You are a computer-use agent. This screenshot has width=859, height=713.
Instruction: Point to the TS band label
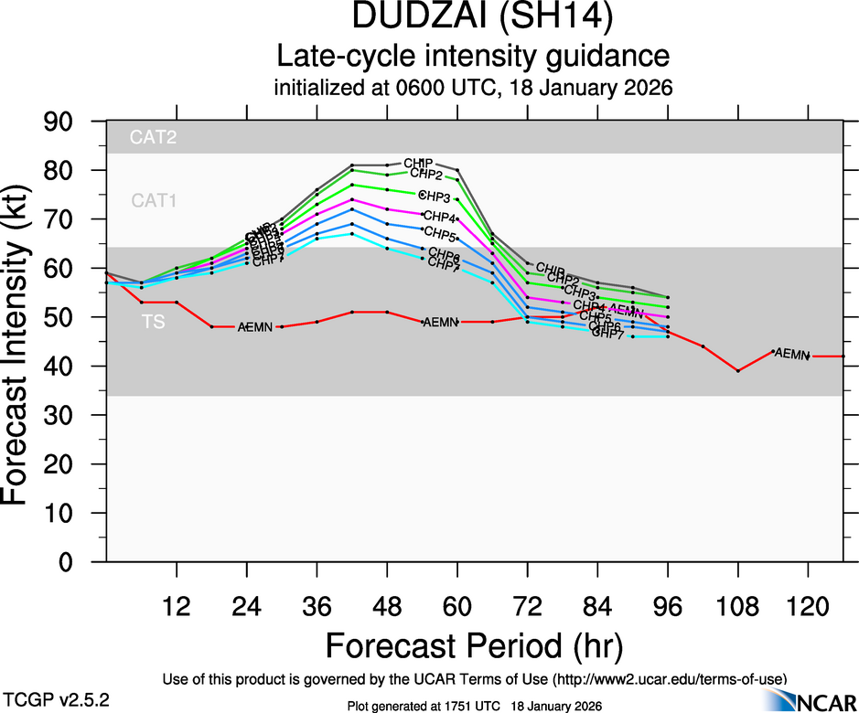pos(154,322)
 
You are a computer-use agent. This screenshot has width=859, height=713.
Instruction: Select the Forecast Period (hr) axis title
pos(474,645)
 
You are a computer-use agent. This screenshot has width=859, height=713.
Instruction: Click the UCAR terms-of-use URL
pos(671,680)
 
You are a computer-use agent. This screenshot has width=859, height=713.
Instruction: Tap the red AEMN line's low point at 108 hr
pos(738,370)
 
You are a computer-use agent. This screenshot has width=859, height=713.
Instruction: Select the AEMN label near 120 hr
pos(792,354)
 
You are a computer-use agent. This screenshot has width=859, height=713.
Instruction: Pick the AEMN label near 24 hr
pos(255,326)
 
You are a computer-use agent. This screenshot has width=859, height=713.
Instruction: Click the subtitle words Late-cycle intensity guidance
pos(474,57)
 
